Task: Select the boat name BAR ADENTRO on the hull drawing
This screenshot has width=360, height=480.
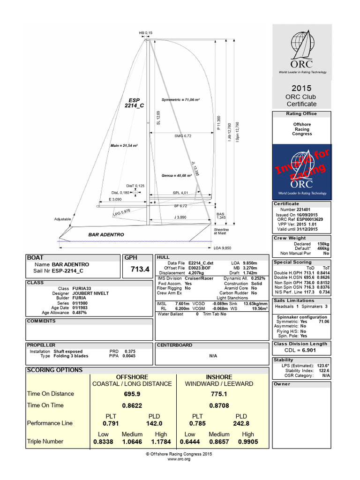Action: coord(106,234)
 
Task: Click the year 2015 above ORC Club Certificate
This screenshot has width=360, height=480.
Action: coord(301,88)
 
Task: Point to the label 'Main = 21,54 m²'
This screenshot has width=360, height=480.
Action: coord(124,146)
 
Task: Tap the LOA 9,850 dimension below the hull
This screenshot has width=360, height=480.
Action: coord(223,247)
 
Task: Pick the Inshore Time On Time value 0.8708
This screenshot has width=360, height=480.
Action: coord(219,405)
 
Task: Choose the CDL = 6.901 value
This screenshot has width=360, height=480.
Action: coord(301,350)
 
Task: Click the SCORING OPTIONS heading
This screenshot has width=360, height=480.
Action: coord(55,370)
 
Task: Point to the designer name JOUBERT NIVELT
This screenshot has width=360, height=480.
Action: coord(90,293)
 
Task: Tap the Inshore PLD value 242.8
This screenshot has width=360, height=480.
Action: coord(241,423)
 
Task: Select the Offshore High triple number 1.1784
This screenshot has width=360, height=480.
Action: coord(161,442)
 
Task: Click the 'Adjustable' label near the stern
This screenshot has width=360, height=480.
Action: coord(63,219)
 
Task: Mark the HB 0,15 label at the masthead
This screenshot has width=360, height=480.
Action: coord(146,33)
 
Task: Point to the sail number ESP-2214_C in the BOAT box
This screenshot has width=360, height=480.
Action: coord(67,270)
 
